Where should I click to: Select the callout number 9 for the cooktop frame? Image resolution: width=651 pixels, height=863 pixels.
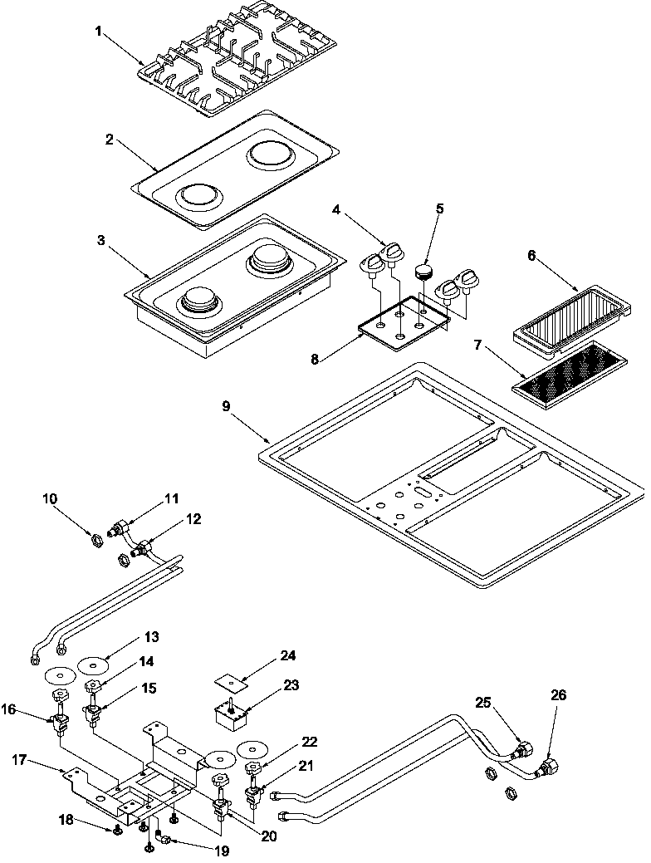coord(226,406)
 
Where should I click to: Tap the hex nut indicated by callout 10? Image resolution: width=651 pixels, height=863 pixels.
coord(95,539)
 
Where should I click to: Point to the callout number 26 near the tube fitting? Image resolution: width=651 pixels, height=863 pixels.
coord(558,696)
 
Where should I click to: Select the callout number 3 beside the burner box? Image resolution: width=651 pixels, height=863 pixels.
coord(100,241)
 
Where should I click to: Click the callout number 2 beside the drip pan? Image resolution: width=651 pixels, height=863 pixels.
coord(109,140)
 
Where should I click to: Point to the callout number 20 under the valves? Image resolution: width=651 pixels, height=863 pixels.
coord(268,836)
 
